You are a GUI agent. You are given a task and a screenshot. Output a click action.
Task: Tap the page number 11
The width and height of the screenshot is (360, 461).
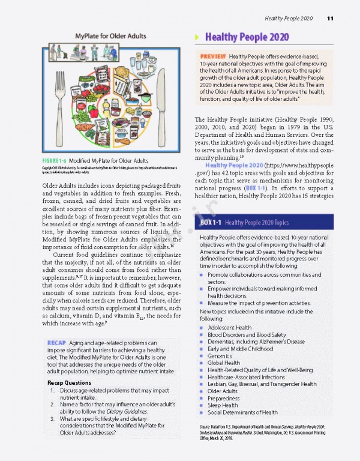point(330,19)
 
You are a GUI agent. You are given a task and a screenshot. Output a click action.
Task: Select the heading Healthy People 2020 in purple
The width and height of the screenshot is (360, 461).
point(247,37)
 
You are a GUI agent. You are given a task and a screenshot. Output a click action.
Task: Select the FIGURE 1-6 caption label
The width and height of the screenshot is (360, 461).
point(58,160)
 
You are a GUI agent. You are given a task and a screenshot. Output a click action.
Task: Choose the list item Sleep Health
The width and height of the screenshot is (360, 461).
point(223,405)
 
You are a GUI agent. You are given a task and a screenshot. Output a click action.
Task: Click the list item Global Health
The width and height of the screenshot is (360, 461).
point(224,363)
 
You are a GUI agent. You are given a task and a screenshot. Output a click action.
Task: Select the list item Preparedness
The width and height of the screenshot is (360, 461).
point(223,398)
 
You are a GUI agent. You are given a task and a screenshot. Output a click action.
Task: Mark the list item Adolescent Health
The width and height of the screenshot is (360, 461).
point(229,328)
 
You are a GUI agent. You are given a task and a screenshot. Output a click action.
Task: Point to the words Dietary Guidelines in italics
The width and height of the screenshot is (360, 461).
point(124,411)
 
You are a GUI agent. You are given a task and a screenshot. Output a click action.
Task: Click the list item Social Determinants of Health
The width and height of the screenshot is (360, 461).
point(242,412)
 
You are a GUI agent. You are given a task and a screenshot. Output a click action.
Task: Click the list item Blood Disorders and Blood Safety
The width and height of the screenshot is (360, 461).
point(247,335)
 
